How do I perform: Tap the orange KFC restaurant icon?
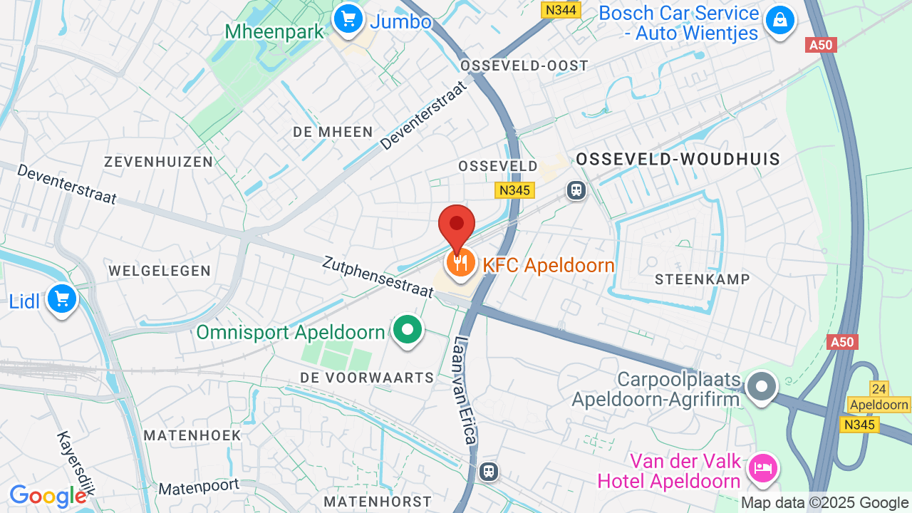pyautogui.click(x=461, y=264)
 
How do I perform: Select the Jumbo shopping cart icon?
pyautogui.click(x=348, y=19)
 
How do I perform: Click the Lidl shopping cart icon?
pyautogui.click(x=62, y=299)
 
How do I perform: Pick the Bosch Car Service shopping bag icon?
pyautogui.click(x=780, y=20)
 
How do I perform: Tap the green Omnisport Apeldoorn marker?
pyautogui.click(x=408, y=331)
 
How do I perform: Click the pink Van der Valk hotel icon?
pyautogui.click(x=762, y=468)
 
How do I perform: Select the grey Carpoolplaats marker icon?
pyautogui.click(x=762, y=387)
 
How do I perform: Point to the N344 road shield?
pyautogui.click(x=561, y=10)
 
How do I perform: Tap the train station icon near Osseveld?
pyautogui.click(x=576, y=190)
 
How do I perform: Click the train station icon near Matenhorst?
pyautogui.click(x=488, y=471)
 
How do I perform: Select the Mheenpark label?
pyautogui.click(x=274, y=32)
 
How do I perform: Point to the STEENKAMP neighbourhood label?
pyautogui.click(x=702, y=279)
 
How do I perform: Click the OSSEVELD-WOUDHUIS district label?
pyautogui.click(x=678, y=159)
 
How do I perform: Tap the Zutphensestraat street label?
pyautogui.click(x=378, y=277)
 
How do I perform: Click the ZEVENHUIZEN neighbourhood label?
pyautogui.click(x=158, y=162)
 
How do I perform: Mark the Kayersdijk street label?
pyautogui.click(x=76, y=463)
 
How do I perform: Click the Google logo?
pyautogui.click(x=48, y=496)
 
